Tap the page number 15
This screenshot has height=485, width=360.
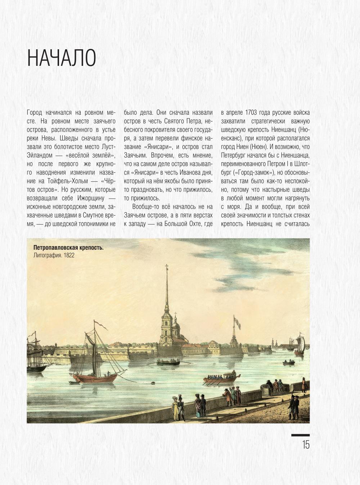pos(306,445)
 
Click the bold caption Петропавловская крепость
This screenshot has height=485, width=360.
pos(68,248)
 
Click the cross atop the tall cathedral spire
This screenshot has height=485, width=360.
pos(167,268)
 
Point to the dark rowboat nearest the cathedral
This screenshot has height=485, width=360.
pos(168,362)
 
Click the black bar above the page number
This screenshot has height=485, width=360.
pos(300,435)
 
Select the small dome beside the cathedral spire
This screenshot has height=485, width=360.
pos(176,325)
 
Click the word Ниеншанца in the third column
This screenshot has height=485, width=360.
pos(294,155)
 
